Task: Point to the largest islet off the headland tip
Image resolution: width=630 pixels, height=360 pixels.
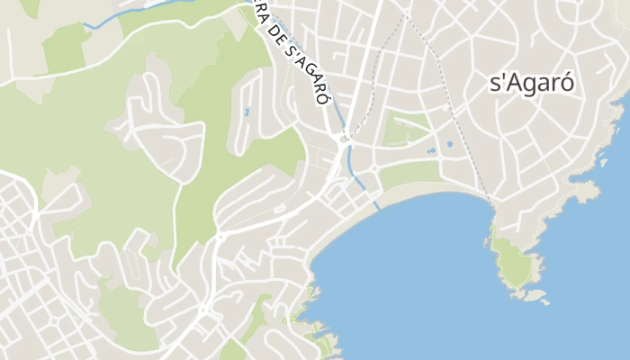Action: click(536, 294)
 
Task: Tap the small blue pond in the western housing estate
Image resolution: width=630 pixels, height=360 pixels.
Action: click(247, 112)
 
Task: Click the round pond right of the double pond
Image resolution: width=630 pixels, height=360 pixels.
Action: click(449, 144)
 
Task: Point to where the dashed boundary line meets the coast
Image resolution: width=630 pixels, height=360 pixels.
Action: click(492, 203)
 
